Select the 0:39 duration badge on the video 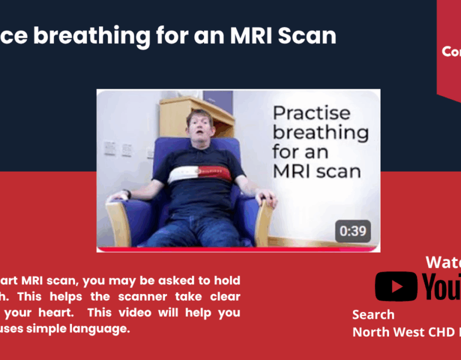click(x=353, y=231)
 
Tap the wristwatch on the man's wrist click(x=127, y=194)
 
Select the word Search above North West click(x=373, y=314)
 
